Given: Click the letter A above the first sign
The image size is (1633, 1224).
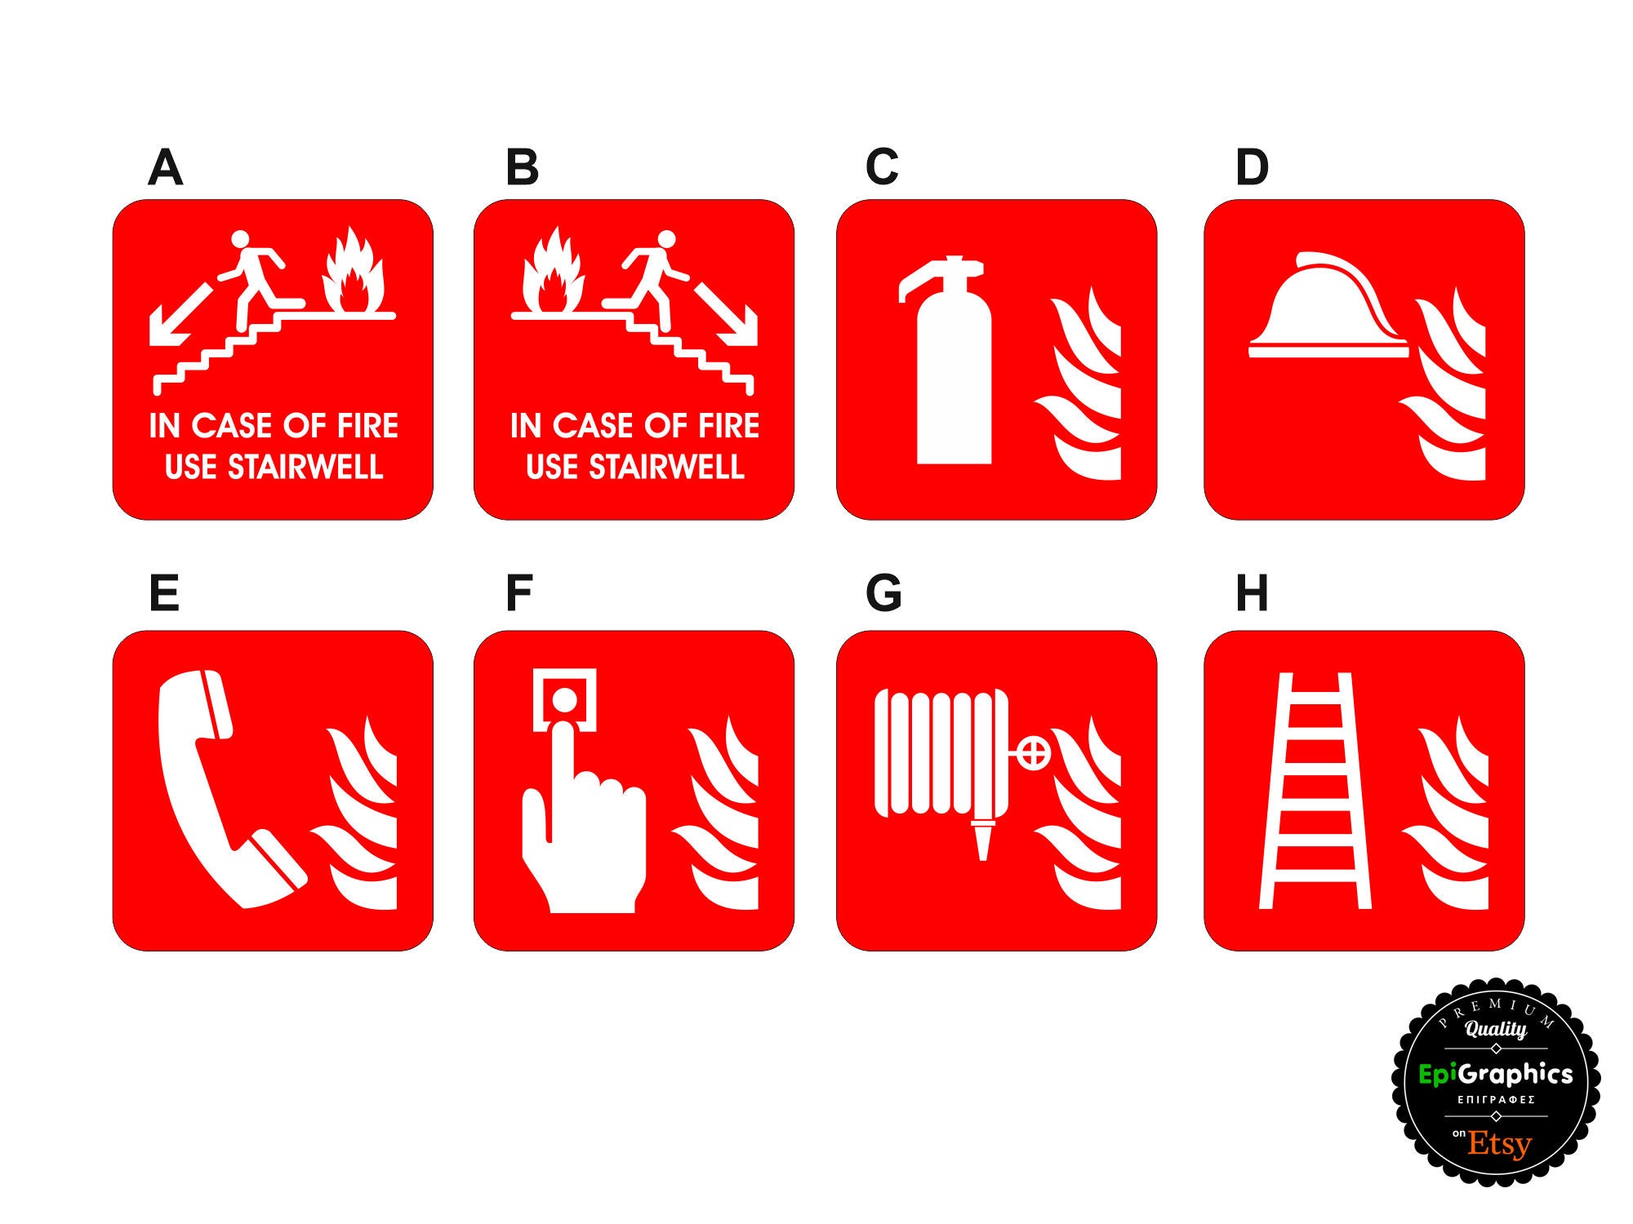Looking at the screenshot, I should click(x=165, y=167).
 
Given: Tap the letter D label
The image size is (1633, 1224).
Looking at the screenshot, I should click(x=1252, y=167).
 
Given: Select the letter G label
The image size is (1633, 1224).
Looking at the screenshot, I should click(x=883, y=593).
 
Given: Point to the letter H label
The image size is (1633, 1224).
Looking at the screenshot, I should click(x=1252, y=593).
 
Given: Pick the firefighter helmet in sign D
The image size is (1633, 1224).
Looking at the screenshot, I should click(x=1327, y=310).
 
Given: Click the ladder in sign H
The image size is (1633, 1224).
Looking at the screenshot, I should click(x=1315, y=792).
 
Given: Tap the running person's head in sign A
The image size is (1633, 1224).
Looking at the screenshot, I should click(x=240, y=238).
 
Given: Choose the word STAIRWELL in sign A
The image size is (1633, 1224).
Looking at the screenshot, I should click(x=305, y=468).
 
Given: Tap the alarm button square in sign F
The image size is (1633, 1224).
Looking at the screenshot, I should click(x=564, y=699).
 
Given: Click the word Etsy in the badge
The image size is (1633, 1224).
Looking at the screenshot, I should click(x=1499, y=1144).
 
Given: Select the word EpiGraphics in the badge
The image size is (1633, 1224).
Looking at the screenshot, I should click(x=1496, y=1074).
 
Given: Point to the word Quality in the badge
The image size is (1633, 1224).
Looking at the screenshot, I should click(x=1496, y=1029).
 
